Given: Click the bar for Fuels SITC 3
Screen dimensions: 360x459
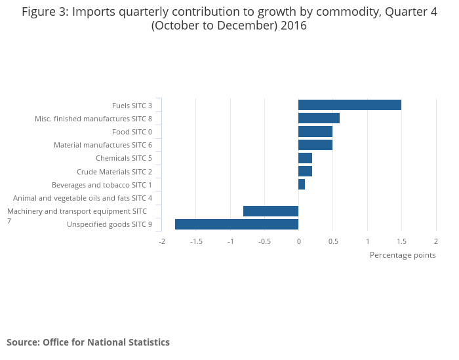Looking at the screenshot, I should (x=349, y=105).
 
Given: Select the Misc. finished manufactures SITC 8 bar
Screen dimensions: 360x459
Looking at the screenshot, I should (x=319, y=118).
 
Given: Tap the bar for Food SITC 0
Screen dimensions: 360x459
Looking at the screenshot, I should (x=315, y=132).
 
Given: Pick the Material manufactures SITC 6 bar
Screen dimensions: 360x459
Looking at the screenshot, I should (x=315, y=145).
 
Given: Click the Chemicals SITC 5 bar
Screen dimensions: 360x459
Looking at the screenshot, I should (x=305, y=158).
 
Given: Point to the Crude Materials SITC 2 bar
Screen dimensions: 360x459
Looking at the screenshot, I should (x=305, y=171).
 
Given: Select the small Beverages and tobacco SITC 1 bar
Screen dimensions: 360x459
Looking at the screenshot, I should (x=302, y=185).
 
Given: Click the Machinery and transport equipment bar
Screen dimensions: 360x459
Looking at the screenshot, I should (x=271, y=211).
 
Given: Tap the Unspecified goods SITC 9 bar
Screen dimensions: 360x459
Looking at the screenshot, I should (x=237, y=224).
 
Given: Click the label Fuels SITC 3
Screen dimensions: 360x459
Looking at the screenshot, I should (x=132, y=106).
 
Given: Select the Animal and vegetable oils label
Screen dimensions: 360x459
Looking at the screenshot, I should (x=83, y=198).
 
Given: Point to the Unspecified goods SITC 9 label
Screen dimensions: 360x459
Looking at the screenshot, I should (x=110, y=225).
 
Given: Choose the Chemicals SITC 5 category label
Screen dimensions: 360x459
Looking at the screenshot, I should (x=124, y=158).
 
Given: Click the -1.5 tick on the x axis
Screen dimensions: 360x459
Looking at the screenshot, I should (x=196, y=241).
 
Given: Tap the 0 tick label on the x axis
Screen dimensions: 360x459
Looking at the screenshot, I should (x=298, y=241).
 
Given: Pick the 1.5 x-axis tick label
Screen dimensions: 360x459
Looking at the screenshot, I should (x=401, y=241).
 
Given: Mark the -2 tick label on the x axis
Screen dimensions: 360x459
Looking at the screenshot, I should (x=162, y=241).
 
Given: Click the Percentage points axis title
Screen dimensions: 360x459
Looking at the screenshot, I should (x=403, y=255).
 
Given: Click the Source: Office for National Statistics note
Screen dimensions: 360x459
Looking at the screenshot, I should (x=88, y=342).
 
